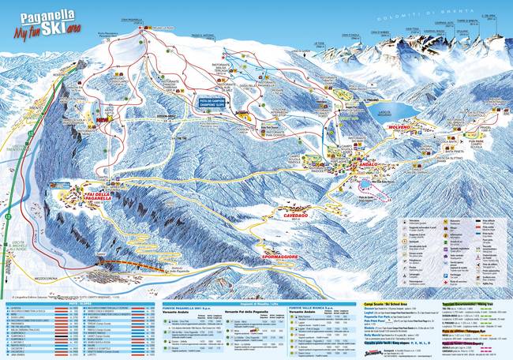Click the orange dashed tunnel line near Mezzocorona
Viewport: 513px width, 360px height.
point(122,264)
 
